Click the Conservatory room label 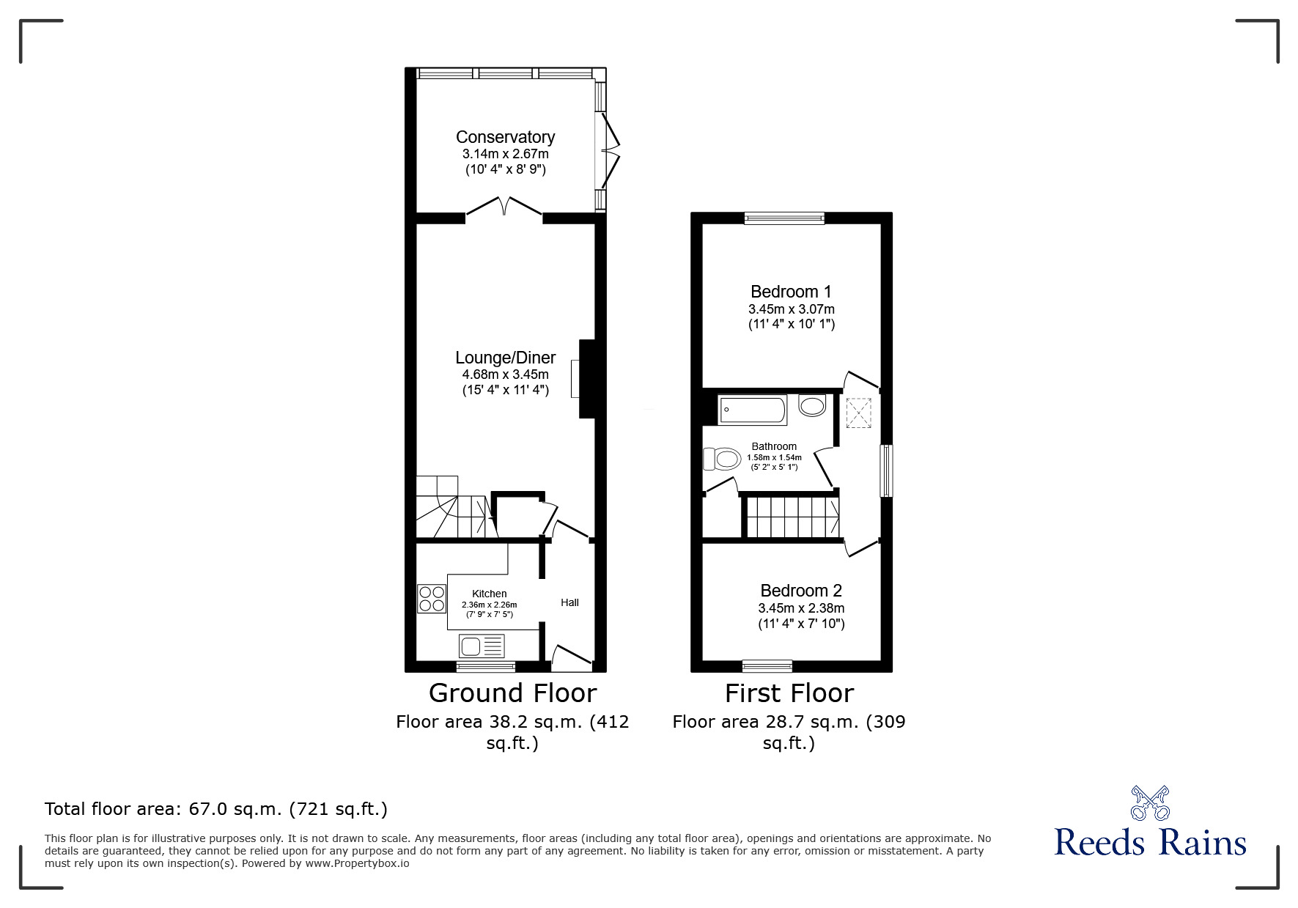(505, 137)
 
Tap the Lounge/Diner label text (505, 358)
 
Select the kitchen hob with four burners (432, 598)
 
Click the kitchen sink (482, 646)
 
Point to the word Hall (569, 602)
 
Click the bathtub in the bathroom (752, 410)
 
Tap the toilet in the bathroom (720, 459)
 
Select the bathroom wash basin (812, 405)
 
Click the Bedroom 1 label (791, 292)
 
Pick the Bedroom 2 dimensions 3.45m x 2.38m (801, 608)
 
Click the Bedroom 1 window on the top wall (784, 218)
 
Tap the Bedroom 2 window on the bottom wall (767, 665)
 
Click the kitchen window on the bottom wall (485, 666)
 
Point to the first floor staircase (792, 517)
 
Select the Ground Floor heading (512, 693)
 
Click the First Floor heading (789, 693)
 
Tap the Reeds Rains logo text (1149, 843)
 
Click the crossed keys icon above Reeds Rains (1149, 802)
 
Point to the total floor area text (216, 809)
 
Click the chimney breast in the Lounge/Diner (587, 378)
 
